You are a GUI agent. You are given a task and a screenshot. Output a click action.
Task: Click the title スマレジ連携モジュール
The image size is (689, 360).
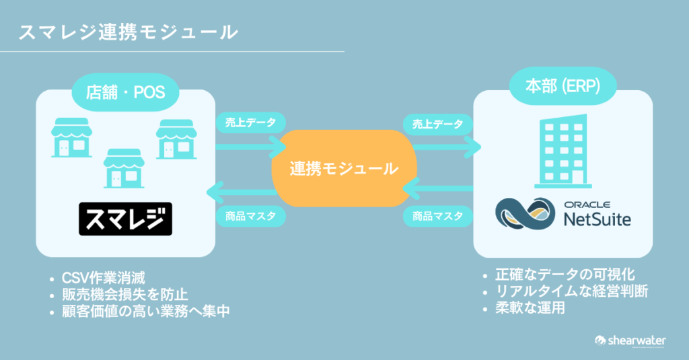pyautogui.click(x=128, y=32)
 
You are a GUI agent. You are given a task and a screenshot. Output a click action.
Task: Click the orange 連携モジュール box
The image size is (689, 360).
pyautogui.click(x=343, y=168)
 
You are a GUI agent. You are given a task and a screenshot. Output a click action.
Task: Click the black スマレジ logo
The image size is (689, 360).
pyautogui.click(x=125, y=218)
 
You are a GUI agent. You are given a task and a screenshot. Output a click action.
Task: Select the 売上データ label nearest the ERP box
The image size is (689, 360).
pyautogui.click(x=438, y=124)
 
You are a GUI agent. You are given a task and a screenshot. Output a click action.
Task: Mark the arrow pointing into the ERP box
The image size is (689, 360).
pyautogui.click(x=445, y=144)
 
